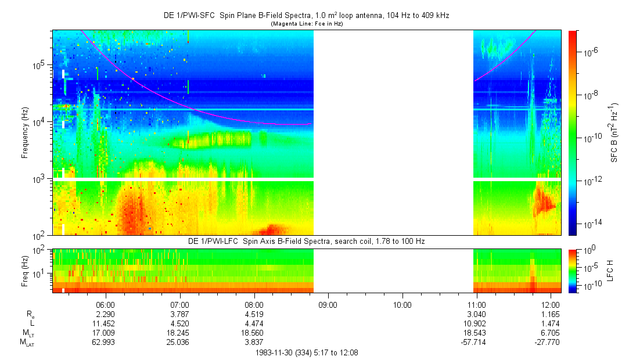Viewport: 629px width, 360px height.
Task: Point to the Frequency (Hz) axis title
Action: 25,132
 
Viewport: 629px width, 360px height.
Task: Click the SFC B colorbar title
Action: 613,133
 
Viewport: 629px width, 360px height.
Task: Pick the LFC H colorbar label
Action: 610,270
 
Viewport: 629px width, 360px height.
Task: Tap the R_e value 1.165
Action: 551,314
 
